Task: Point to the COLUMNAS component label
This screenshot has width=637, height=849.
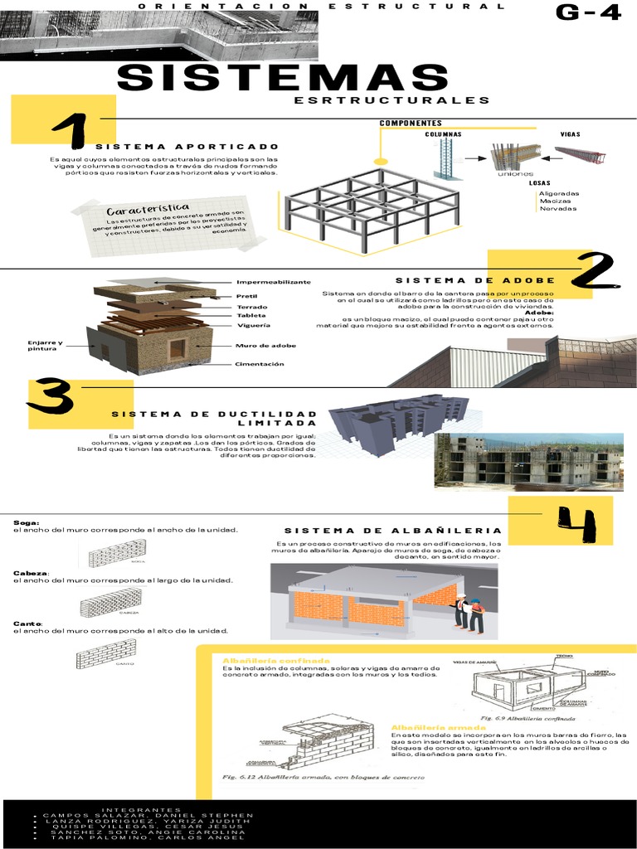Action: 443,133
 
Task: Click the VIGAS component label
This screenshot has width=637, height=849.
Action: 570,133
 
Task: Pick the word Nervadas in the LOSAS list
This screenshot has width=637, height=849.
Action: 558,208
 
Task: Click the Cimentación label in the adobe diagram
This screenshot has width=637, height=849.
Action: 259,364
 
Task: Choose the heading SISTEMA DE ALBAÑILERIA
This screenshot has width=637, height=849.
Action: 392,530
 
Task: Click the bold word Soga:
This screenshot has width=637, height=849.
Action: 27,522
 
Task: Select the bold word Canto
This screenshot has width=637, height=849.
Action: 27,623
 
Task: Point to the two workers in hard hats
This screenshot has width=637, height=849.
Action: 469,613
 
